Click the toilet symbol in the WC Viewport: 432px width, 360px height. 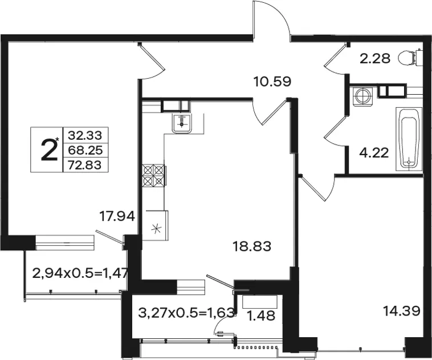pyautogui.click(x=410, y=58)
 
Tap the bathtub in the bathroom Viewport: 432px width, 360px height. pyautogui.click(x=409, y=139)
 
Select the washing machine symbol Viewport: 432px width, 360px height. pyautogui.click(x=362, y=96)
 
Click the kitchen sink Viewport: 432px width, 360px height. pyautogui.click(x=182, y=123)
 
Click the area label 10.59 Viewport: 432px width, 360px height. pyautogui.click(x=272, y=82)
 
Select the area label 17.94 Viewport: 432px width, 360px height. pyautogui.click(x=117, y=216)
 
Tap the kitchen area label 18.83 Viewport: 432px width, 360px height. pyautogui.click(x=252, y=246)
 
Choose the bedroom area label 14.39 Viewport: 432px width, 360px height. pyautogui.click(x=402, y=311)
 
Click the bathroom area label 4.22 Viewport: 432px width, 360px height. pyautogui.click(x=374, y=152)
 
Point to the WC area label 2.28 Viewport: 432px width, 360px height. pyautogui.click(x=375, y=59)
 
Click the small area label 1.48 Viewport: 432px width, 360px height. pyautogui.click(x=262, y=315)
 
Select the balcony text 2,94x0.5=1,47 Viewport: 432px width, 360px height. pyautogui.click(x=80, y=273)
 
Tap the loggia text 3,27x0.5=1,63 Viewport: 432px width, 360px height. pyautogui.click(x=186, y=313)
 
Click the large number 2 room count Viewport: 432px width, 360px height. pyautogui.click(x=49, y=150)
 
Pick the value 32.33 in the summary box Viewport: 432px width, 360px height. pyautogui.click(x=85, y=135)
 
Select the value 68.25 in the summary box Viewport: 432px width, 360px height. pyautogui.click(x=85, y=151)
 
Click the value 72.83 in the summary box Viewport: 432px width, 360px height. pyautogui.click(x=85, y=165)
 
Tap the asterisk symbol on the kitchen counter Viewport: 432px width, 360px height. pyautogui.click(x=156, y=229)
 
